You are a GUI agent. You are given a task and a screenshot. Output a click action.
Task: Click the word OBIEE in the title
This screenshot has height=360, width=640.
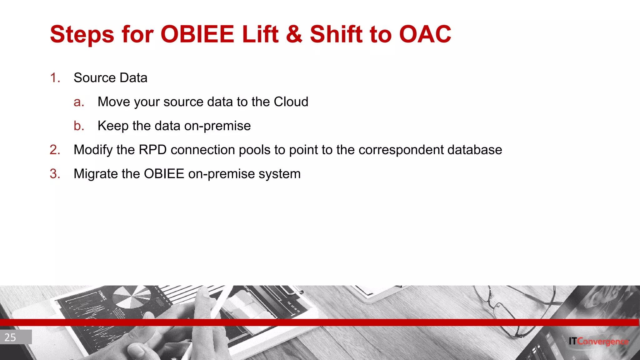197,34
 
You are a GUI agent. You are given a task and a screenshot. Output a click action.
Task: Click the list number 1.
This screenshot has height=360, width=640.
55,78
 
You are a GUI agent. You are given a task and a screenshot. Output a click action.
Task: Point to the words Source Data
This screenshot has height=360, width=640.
110,78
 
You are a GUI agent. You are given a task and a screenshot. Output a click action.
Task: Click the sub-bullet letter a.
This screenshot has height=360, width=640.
79,102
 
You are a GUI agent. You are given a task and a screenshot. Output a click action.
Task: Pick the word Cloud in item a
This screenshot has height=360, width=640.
291,102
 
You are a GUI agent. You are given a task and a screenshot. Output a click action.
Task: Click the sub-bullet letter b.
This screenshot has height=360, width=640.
79,126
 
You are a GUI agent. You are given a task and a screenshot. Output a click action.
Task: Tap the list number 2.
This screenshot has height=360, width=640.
55,150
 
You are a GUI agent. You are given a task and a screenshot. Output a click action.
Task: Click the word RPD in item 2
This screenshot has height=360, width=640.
152,150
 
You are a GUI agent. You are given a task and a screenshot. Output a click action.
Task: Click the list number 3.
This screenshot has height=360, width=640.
55,174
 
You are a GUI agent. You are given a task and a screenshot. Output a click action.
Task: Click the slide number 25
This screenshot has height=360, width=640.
11,337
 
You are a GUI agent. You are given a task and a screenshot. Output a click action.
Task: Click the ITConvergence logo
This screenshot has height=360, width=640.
598,341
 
